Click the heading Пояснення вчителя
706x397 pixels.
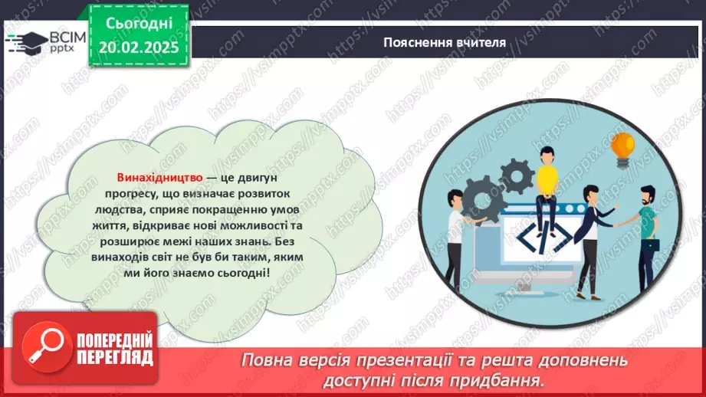(445, 42)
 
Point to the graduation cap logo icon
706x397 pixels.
(25, 41)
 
